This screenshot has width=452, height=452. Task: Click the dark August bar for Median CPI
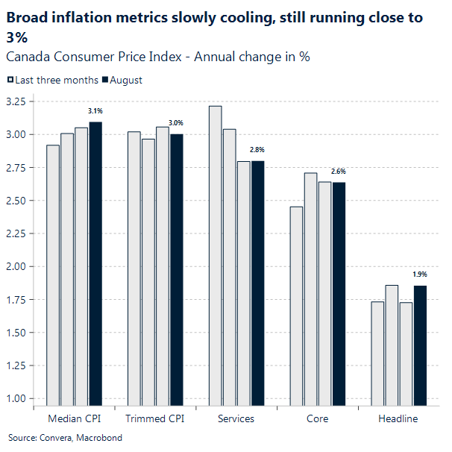click(95, 264)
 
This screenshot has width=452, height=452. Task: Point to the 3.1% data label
click(95, 111)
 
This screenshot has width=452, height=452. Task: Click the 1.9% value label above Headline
click(420, 274)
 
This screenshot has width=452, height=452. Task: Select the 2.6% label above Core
click(339, 172)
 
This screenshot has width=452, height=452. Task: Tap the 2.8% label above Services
click(257, 150)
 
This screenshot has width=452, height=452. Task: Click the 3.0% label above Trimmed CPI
click(176, 123)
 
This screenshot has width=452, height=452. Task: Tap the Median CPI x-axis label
click(74, 418)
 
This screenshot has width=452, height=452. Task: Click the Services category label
click(236, 418)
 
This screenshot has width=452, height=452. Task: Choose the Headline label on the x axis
click(398, 418)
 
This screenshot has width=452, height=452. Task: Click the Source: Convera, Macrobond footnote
click(66, 438)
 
